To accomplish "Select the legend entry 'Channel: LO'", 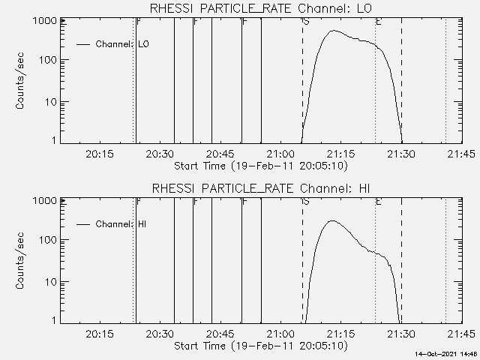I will point(122,44).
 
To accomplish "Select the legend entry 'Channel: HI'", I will point(121,224).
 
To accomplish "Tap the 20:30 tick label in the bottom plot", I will point(160,334).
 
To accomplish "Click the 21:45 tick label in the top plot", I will point(460,154).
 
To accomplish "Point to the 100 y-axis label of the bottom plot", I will point(48,240).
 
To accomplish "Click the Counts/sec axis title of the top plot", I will point(22,81).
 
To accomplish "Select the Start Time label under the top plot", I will point(259,166).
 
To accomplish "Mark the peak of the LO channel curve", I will point(334,31).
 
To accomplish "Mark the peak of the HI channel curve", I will point(331,220).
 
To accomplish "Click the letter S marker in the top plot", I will point(306,22).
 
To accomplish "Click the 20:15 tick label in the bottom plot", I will point(100,334).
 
